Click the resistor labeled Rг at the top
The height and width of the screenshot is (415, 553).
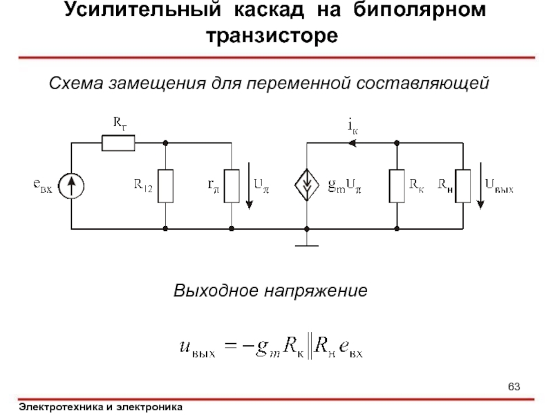click(118, 143)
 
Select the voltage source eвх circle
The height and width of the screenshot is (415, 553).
click(71, 186)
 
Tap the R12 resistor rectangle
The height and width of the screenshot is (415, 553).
click(165, 186)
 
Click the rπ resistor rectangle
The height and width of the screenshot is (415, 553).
click(232, 186)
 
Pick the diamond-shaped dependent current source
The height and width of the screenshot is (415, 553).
click(307, 185)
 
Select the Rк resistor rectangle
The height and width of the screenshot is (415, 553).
click(397, 186)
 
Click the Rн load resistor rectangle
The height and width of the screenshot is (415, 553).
click(462, 186)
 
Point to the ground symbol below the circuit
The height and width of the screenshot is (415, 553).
click(307, 246)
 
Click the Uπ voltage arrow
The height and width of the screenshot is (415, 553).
click(250, 185)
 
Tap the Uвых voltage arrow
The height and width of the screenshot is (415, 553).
click(480, 185)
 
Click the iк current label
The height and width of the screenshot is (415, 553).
click(353, 127)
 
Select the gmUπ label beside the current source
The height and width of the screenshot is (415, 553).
click(344, 185)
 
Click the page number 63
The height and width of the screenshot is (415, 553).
click(514, 387)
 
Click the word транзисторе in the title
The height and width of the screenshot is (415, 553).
click(272, 35)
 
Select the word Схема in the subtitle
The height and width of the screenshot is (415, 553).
click(76, 84)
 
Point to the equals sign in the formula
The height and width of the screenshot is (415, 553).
click(231, 344)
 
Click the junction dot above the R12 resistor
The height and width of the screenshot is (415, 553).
click(165, 143)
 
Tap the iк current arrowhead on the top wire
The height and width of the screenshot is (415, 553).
click(352, 143)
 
